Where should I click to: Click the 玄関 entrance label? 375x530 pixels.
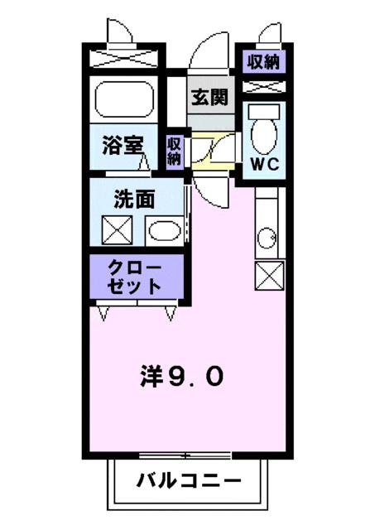coord(210,96)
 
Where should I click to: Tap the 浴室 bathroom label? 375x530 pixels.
coord(123,147)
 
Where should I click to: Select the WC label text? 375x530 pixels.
coord(265,163)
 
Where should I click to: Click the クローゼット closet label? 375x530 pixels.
coord(134,276)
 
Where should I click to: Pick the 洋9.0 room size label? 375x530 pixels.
coord(180,377)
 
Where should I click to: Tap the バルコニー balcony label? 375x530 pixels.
coord(188,480)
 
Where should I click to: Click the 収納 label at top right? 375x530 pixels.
coord(262,60)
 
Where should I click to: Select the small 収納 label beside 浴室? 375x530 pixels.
coord(174,151)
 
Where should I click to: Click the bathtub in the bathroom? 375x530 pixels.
coord(125,100)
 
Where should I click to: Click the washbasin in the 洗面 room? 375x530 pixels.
coord(165,230)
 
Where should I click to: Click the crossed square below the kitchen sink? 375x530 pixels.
coord(270,274)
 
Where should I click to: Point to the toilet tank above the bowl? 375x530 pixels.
coord(265,111)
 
